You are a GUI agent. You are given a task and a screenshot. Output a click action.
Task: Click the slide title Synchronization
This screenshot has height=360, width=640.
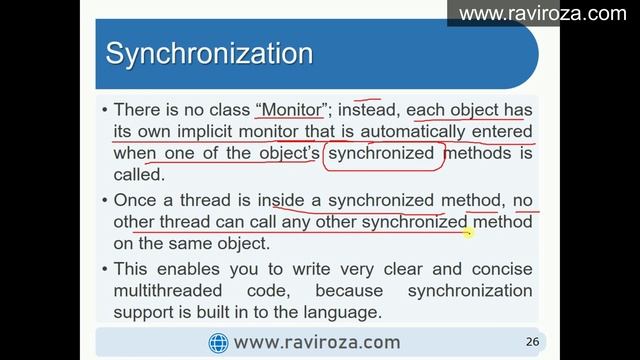click(x=209, y=52)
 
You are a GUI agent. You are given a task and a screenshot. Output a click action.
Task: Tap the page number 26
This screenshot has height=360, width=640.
click(x=532, y=342)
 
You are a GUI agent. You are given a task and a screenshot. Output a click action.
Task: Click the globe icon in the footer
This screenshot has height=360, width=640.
click(x=218, y=343)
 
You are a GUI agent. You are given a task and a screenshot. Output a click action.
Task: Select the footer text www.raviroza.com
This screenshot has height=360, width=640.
click(x=316, y=343)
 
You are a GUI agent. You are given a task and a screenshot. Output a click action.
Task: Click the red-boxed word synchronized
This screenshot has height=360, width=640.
click(x=381, y=154)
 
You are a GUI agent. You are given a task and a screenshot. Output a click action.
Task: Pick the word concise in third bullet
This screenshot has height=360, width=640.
click(x=501, y=269)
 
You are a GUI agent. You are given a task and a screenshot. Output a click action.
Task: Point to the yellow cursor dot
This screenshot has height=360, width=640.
click(x=467, y=233)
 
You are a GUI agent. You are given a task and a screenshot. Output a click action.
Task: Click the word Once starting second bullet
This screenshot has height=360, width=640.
click(x=135, y=201)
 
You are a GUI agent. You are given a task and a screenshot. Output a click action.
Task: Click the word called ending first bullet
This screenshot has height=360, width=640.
click(x=139, y=175)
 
